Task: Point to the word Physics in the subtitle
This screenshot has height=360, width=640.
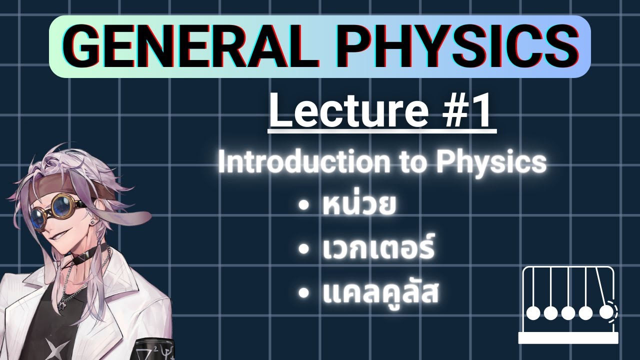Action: [x=492, y=162]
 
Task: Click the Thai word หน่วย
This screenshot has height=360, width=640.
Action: [x=357, y=207]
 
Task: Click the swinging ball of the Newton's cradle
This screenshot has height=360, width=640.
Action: [x=606, y=312]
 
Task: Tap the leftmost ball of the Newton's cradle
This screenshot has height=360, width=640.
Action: [x=534, y=313]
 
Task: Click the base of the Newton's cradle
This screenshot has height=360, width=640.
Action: [x=568, y=338]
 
